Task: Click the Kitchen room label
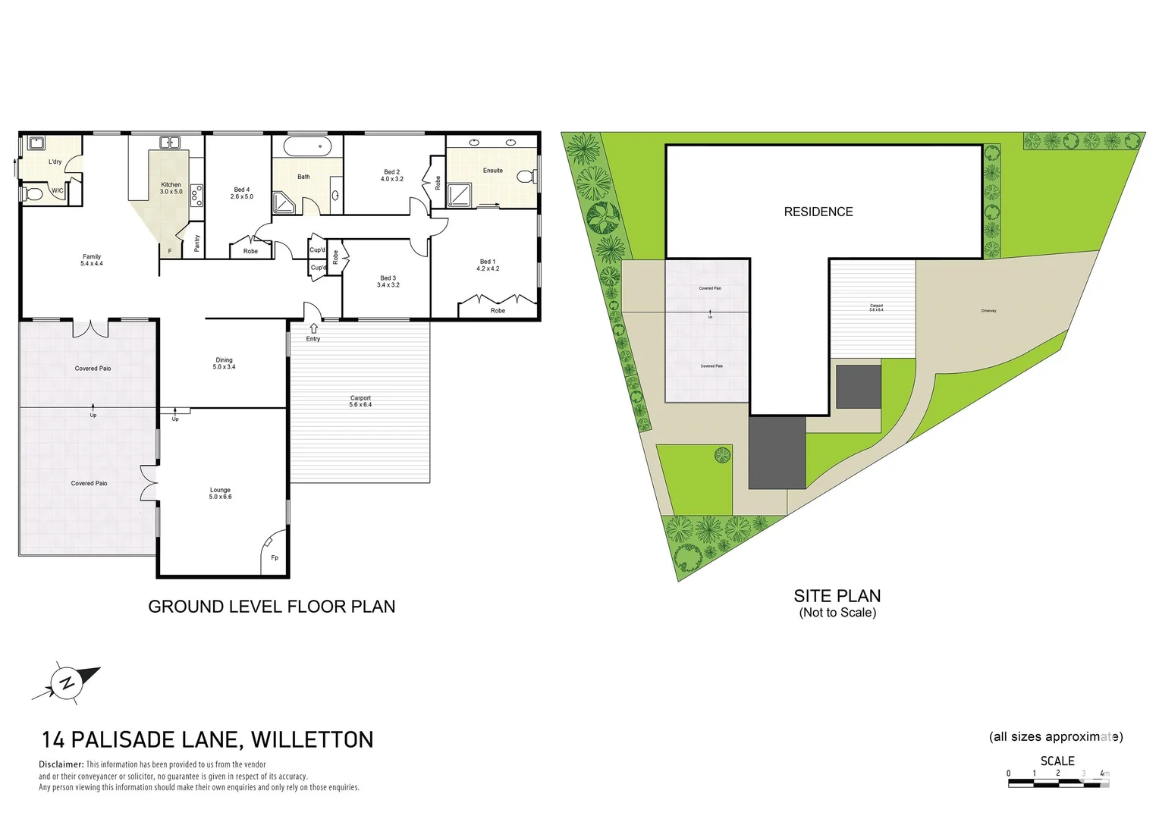(x=171, y=188)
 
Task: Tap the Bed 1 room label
(x=488, y=265)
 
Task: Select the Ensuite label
(x=493, y=171)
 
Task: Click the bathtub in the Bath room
(x=307, y=146)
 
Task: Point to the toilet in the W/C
(x=33, y=194)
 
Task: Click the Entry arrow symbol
(x=313, y=328)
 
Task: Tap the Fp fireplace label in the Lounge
(x=275, y=558)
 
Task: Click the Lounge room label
(x=221, y=494)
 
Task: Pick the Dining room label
(x=224, y=363)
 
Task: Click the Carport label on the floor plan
(x=360, y=401)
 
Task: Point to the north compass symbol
(x=67, y=682)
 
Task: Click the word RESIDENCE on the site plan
(x=818, y=212)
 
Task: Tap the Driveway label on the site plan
(x=988, y=311)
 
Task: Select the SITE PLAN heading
(x=837, y=596)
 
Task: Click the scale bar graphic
(x=1058, y=783)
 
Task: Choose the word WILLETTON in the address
(x=313, y=740)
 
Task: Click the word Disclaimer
(x=61, y=764)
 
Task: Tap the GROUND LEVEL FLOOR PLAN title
(x=272, y=607)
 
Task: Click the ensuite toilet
(x=525, y=177)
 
